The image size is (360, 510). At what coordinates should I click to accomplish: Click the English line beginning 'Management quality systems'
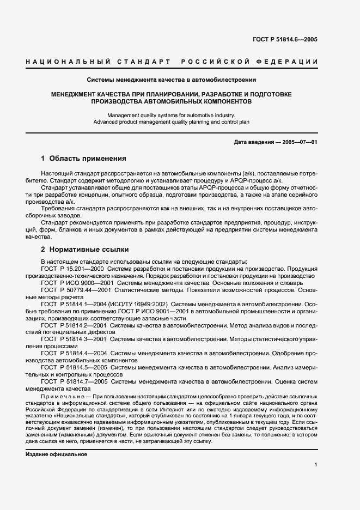(x=172, y=115)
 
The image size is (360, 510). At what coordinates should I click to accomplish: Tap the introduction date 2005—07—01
(x=297, y=142)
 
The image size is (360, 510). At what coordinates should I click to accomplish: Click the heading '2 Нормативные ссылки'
(x=85, y=250)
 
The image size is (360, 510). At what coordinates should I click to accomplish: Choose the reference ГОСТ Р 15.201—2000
(x=73, y=269)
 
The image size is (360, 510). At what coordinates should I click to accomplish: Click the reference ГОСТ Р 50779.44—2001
(x=76, y=290)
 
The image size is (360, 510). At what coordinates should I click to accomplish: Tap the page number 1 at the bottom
(x=316, y=465)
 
